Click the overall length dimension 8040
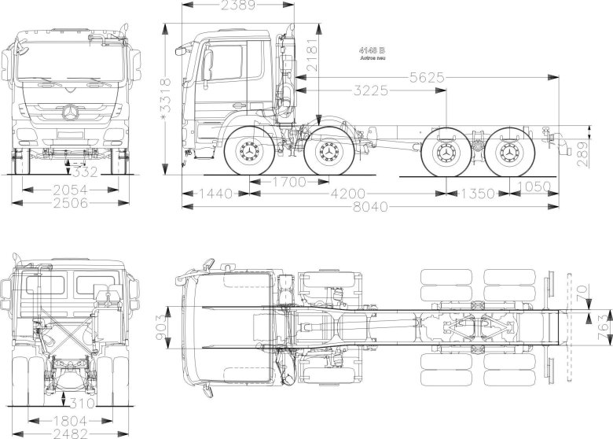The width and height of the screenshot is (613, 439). [x=372, y=207]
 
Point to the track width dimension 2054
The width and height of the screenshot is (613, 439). [x=71, y=190]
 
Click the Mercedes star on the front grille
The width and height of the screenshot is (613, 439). [x=72, y=113]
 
